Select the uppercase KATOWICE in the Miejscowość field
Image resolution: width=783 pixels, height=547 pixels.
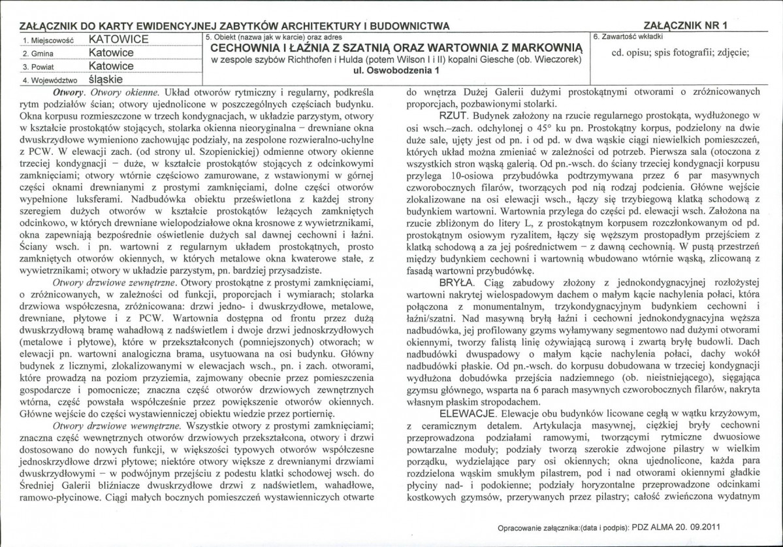[x=119, y=39]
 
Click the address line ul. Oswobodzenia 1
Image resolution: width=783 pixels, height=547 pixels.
[x=396, y=70]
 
